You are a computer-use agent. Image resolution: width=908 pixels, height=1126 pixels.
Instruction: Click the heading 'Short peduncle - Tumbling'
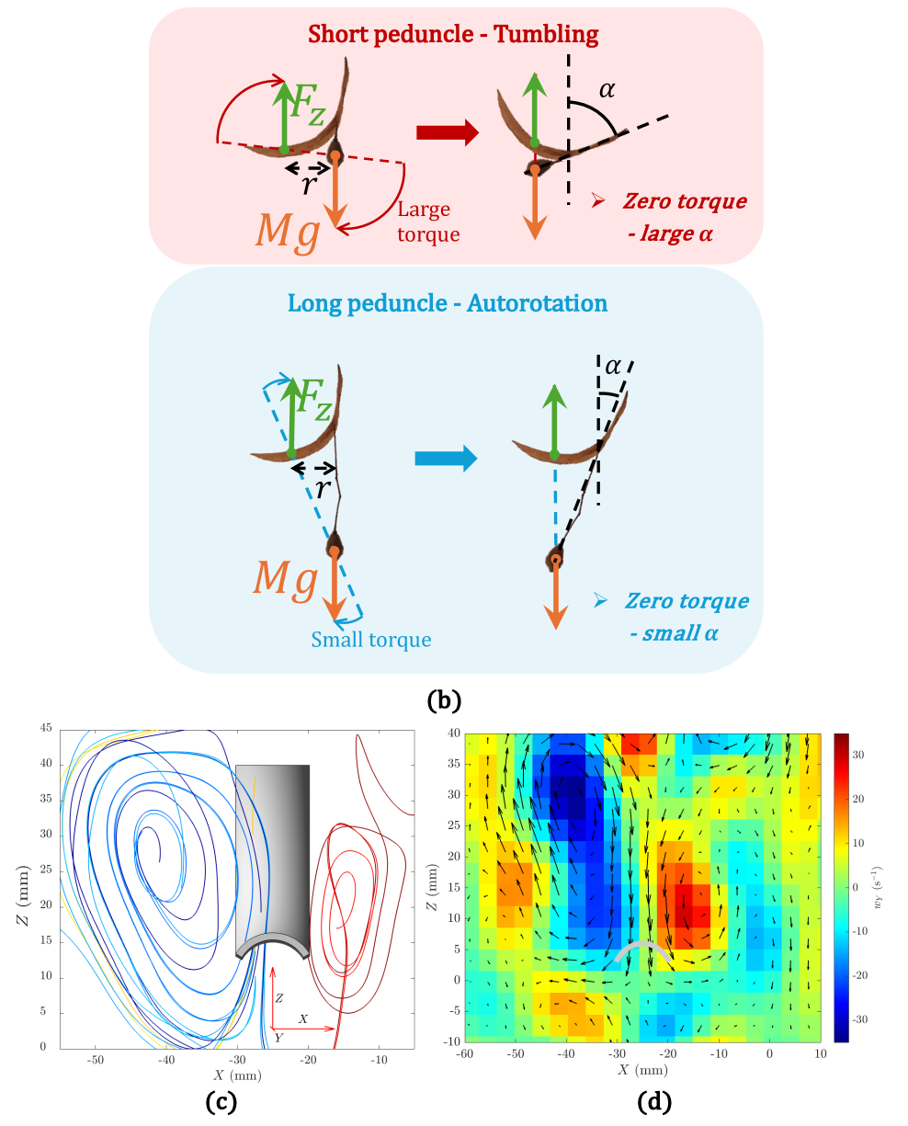click(x=454, y=35)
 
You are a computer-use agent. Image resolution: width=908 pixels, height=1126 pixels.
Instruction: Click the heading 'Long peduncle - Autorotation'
click(x=448, y=302)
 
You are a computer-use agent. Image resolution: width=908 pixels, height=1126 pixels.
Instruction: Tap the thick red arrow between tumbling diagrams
click(x=448, y=132)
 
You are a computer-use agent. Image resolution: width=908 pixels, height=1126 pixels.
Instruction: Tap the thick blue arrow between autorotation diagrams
click(x=446, y=457)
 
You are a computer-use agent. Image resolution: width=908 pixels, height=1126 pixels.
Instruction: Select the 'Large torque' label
click(x=425, y=222)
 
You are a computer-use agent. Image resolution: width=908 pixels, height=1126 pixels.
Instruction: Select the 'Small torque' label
click(x=371, y=639)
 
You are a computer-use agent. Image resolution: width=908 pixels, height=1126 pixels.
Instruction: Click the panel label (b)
click(x=444, y=699)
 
